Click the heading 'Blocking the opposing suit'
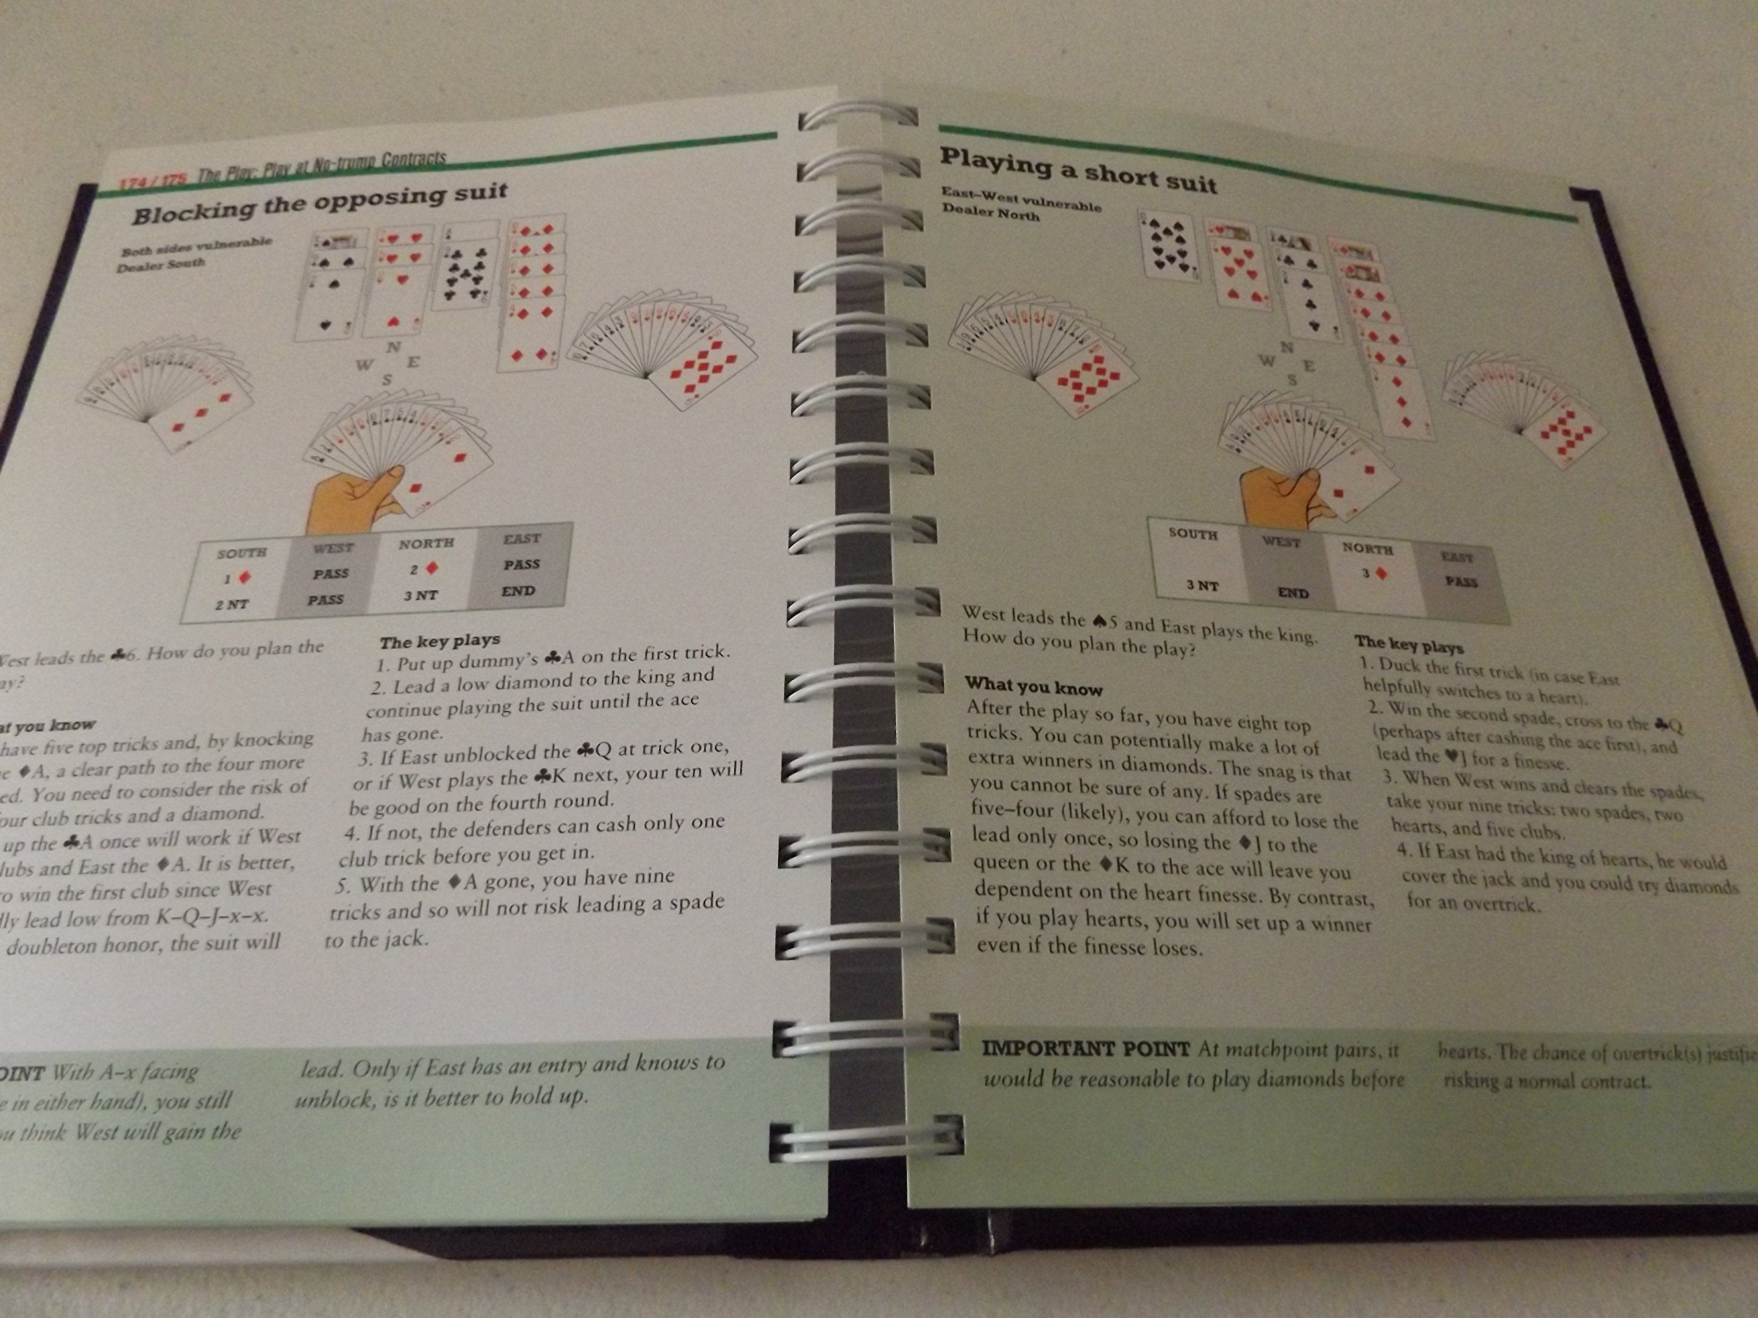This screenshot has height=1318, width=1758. click(x=319, y=203)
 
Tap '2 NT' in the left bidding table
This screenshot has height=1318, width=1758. click(x=231, y=604)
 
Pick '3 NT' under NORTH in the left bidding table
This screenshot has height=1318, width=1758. click(x=420, y=595)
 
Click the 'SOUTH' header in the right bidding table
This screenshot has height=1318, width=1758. click(x=1192, y=534)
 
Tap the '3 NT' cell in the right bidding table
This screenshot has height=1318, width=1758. click(x=1202, y=586)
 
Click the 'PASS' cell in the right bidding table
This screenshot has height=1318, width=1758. click(x=1461, y=581)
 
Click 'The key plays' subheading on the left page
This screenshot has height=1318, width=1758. click(x=439, y=640)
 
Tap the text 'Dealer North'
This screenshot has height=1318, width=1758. click(x=990, y=212)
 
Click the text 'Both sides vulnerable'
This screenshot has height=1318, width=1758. click(x=196, y=246)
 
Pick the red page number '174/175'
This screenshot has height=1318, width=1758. click(x=152, y=181)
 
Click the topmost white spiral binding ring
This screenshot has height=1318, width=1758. click(x=858, y=117)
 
